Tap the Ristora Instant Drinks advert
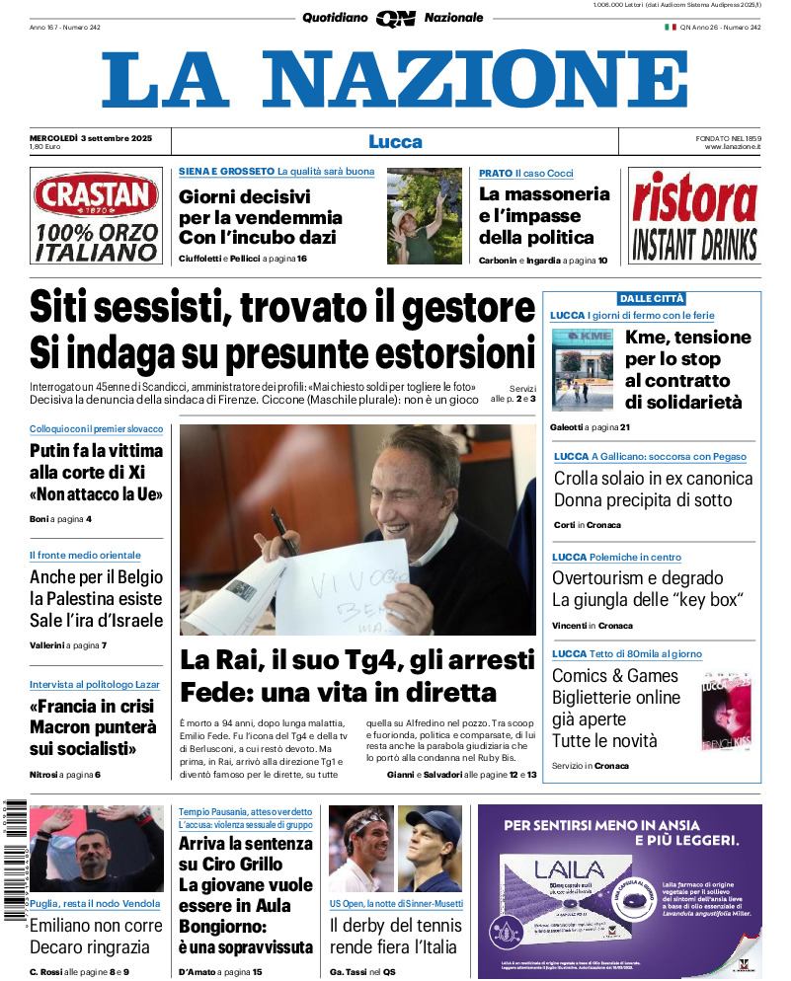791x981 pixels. [x=694, y=216]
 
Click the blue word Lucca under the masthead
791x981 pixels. [x=395, y=141]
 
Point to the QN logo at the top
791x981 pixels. [x=395, y=18]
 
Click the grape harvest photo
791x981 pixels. [x=425, y=215]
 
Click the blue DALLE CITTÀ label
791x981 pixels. [x=651, y=298]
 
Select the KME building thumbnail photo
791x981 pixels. [x=583, y=369]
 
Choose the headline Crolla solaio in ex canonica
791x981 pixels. [x=653, y=479]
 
